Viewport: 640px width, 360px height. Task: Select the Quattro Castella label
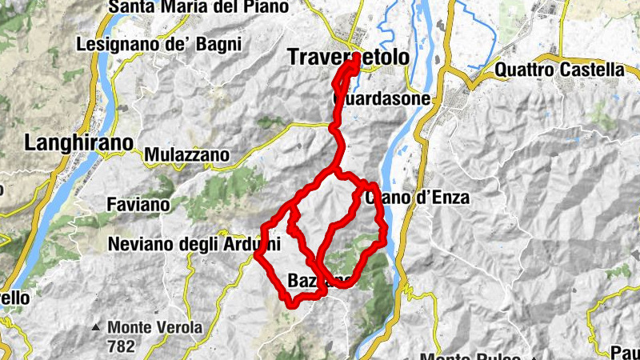point(559,70)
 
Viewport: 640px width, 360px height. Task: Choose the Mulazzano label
point(187,154)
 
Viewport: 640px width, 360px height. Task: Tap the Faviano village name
point(138,205)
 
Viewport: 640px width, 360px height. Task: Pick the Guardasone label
point(382,99)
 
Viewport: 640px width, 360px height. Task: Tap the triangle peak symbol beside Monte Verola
point(96,327)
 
